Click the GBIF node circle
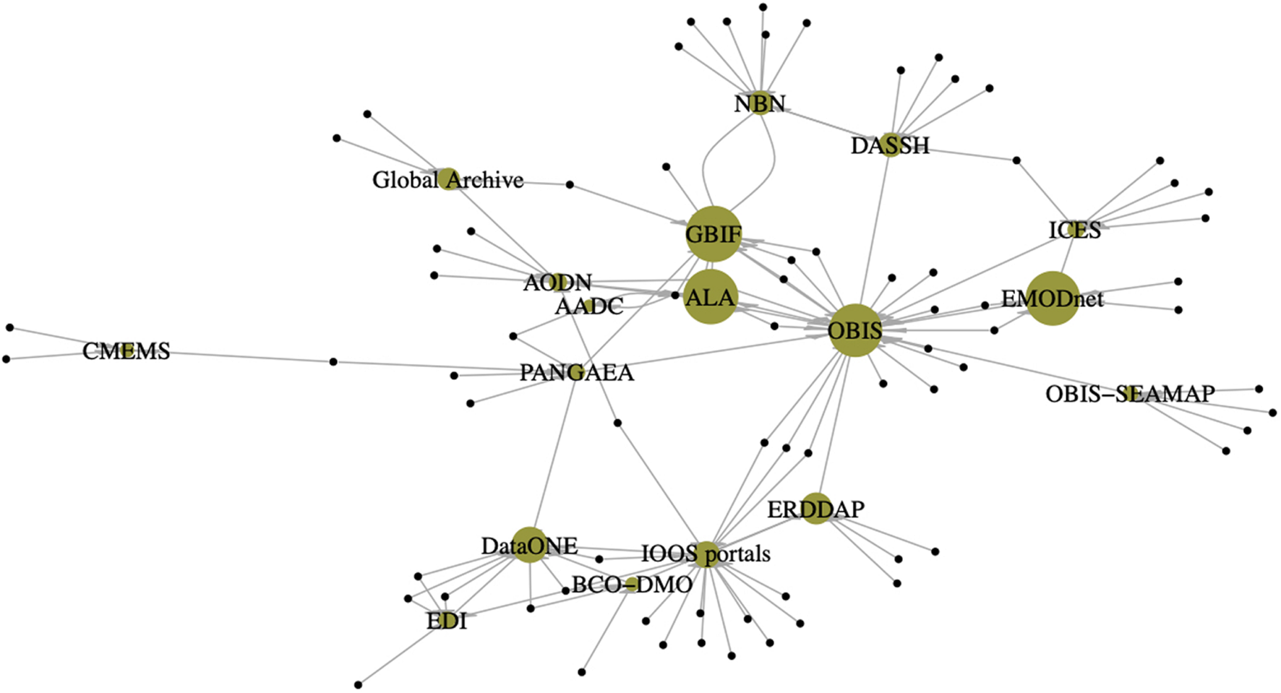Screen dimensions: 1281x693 point(714,233)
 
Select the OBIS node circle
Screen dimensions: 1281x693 point(855,331)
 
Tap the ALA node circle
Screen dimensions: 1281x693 point(711,297)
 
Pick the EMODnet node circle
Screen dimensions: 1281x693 point(1052,298)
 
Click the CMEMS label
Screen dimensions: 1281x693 point(127,351)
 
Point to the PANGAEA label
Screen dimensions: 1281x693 point(576,373)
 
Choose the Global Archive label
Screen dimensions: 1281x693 point(447,180)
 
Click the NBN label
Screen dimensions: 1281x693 point(759,104)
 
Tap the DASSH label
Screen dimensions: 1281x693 point(890,146)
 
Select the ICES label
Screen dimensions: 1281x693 point(1074,231)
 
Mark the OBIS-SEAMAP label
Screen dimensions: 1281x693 point(1129,394)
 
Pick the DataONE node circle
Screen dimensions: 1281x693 point(530,546)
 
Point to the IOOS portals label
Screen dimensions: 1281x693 point(706,554)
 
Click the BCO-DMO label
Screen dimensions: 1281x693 point(632,584)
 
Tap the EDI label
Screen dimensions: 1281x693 point(447,621)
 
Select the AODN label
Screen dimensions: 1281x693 point(557,282)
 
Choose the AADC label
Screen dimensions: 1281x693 point(588,306)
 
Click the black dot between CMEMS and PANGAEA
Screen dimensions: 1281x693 point(333,361)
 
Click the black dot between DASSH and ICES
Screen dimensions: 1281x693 point(1016,160)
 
